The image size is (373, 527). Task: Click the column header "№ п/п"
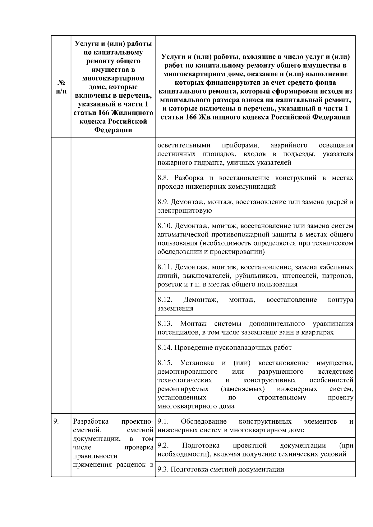pyautogui.click(x=61, y=87)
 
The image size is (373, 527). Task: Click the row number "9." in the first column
pyautogui.click(x=56, y=421)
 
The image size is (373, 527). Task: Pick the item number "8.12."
pyautogui.click(x=165, y=300)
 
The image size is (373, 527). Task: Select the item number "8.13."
pyautogui.click(x=165, y=324)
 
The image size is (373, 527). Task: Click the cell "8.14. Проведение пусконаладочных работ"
pyautogui.click(x=224, y=348)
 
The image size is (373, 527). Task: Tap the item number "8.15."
pyautogui.click(x=165, y=363)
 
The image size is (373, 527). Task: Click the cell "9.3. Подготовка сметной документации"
pyautogui.click(x=221, y=469)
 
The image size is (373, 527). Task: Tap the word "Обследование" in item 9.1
pyautogui.click(x=204, y=421)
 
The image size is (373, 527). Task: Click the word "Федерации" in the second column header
pyautogui.click(x=113, y=130)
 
